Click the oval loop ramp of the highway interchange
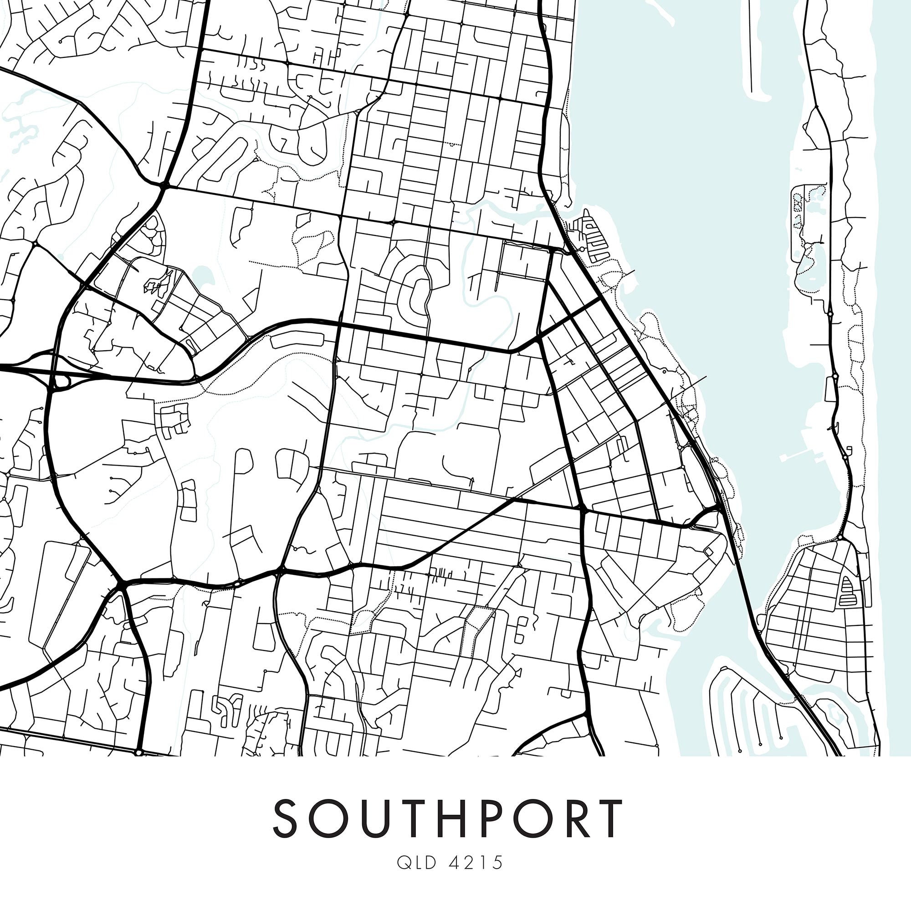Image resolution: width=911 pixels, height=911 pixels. (x=61, y=383)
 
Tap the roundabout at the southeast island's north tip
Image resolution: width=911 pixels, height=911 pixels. (x=840, y=537)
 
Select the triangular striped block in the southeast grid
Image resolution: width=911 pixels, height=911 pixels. (x=846, y=591)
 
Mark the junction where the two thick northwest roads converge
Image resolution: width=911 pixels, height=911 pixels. (x=163, y=186)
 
